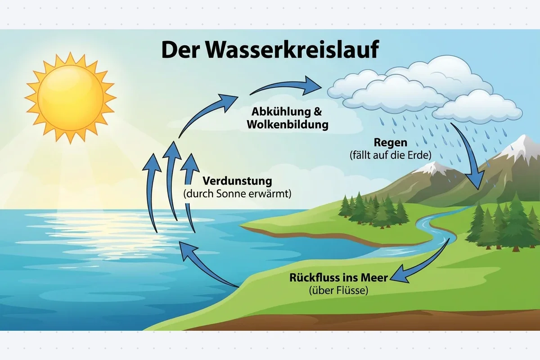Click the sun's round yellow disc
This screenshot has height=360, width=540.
tap(71, 98)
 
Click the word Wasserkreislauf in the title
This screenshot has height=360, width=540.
tap(292, 49)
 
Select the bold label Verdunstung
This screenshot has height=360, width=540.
tap(237, 181)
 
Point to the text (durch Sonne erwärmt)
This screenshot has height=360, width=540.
tap(237, 194)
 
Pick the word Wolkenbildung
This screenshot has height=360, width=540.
tap(288, 125)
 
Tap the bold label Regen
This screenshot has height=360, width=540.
tap(391, 143)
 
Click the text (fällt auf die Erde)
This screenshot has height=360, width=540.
tap(391, 155)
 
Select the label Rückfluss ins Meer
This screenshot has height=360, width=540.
tap(338, 278)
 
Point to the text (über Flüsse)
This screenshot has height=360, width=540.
tap(338, 290)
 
